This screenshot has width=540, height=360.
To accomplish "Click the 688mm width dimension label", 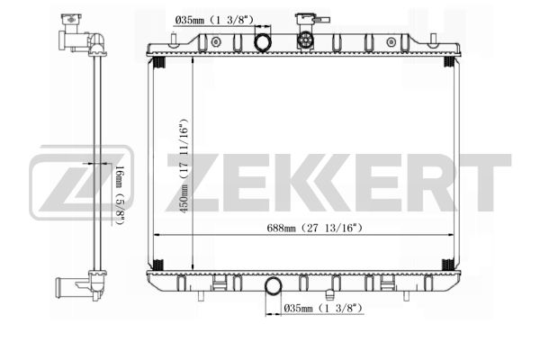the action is (314, 228).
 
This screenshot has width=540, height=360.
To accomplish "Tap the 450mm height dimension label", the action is (184, 166).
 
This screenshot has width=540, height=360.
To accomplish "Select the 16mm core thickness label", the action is (119, 195).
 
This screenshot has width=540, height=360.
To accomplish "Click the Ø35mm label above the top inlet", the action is (214, 20).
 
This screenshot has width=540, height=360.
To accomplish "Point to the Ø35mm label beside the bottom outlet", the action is (323, 308).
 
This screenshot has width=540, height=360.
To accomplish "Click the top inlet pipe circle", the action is (263, 42).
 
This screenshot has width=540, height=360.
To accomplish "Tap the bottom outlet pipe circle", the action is (273, 286).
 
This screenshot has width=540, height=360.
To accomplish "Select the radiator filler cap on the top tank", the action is (305, 40).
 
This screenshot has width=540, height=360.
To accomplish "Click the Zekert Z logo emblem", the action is (82, 183).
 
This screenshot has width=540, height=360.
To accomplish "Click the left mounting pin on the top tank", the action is (174, 39).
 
